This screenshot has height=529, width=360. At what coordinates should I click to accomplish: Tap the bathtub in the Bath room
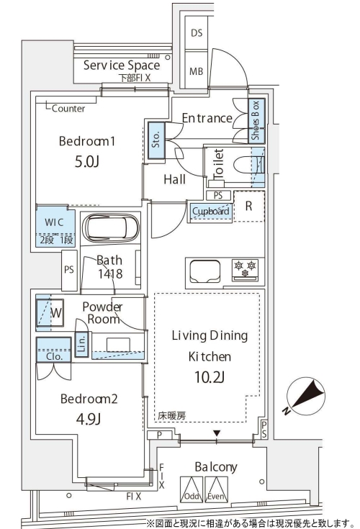point(110,227)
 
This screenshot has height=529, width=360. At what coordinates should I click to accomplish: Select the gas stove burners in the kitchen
point(245,269)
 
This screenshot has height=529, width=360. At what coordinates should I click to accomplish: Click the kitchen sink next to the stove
point(205,271)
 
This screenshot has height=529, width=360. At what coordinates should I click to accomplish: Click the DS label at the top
point(197,33)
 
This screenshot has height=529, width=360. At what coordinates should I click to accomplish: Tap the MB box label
point(197,71)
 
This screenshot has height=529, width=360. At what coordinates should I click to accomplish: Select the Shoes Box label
point(256,120)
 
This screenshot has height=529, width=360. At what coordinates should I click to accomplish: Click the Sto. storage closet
point(156,140)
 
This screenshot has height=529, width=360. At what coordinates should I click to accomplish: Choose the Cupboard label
point(210,211)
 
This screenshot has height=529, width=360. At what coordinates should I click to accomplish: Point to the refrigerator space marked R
point(249,206)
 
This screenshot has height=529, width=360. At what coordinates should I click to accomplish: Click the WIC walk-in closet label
point(54,222)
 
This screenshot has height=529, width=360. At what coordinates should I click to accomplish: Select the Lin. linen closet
point(81,344)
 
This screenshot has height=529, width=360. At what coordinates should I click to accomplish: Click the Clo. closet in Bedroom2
point(54,350)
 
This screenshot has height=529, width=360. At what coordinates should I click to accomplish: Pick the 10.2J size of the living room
point(210,377)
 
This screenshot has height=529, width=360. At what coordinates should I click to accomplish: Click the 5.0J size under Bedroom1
point(87,162)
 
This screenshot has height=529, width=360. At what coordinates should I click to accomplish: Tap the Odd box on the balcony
point(192,489)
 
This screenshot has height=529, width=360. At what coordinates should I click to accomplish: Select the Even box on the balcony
point(216,489)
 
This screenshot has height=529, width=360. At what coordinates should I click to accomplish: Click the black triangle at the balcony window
point(217,433)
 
